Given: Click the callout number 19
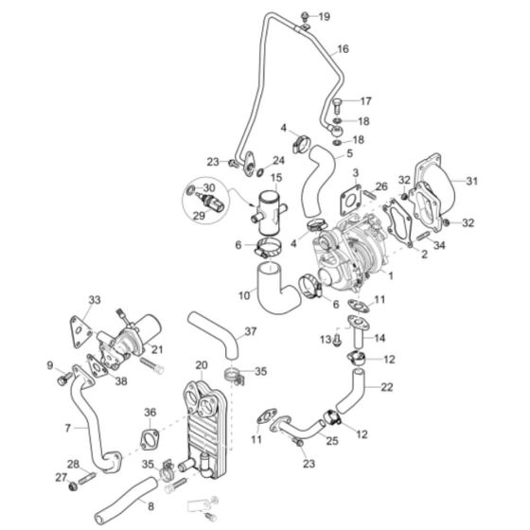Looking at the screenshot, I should (x=325, y=17).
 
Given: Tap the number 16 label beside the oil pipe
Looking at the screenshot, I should (x=343, y=49).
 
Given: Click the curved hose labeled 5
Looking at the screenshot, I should (x=313, y=181).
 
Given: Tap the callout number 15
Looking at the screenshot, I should (x=276, y=177).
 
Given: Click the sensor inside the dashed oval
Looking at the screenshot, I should (x=211, y=203).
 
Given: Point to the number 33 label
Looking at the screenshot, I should (x=93, y=300).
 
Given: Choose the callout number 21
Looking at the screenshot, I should (x=157, y=349).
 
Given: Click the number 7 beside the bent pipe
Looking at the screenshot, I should (x=68, y=429).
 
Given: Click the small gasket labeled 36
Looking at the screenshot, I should (x=150, y=441).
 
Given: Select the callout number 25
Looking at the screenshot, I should (x=332, y=440).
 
